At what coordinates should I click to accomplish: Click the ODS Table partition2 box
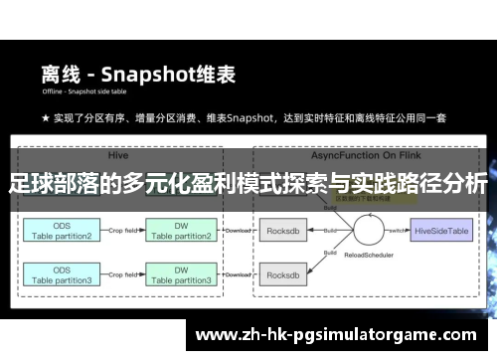pos(63,232)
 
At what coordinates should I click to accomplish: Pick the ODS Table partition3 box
pos(63,276)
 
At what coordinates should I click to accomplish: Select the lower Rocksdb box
pos(284,276)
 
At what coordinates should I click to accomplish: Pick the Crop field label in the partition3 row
pos(122,270)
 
